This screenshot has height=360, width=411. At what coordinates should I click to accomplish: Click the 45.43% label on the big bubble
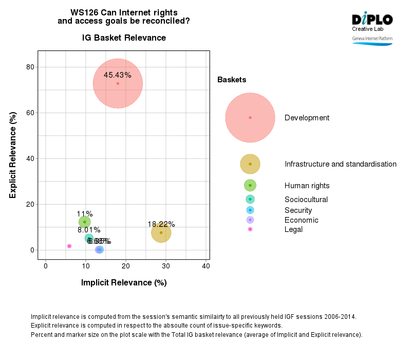coord(117,75)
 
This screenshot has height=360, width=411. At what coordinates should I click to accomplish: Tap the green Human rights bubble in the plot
coord(85,222)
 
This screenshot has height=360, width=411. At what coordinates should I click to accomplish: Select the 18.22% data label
coord(161,224)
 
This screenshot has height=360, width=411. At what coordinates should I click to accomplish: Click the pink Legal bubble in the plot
coord(69,246)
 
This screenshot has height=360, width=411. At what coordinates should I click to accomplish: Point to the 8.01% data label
coord(89,230)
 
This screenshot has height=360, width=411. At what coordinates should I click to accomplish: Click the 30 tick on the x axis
coord(166,265)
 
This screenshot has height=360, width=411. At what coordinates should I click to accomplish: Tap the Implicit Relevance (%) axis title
coord(124,283)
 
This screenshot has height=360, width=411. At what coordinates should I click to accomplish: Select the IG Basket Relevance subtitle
coord(124,38)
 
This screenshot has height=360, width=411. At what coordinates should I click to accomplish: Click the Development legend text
coord(307,118)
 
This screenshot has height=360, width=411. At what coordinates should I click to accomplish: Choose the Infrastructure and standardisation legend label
coord(340,164)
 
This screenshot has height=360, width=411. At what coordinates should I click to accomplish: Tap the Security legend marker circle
coord(250,210)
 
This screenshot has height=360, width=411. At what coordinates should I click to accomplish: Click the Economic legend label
coord(301,220)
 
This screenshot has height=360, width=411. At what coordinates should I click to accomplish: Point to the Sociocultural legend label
coord(306,200)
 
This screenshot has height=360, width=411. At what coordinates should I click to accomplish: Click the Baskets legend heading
coord(232,80)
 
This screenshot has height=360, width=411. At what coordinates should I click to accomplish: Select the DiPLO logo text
coord(372,20)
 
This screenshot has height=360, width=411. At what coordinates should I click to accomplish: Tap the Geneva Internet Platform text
coord(372,39)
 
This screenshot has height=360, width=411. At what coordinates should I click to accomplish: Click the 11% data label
coord(85,214)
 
